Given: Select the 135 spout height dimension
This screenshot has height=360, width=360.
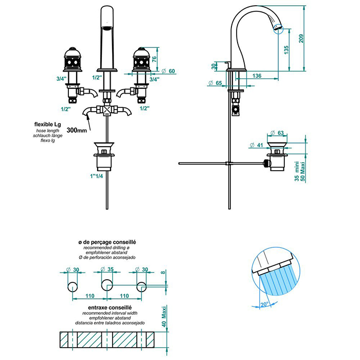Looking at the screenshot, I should (286, 49).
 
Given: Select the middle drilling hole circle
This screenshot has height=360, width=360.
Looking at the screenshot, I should (107, 285).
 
